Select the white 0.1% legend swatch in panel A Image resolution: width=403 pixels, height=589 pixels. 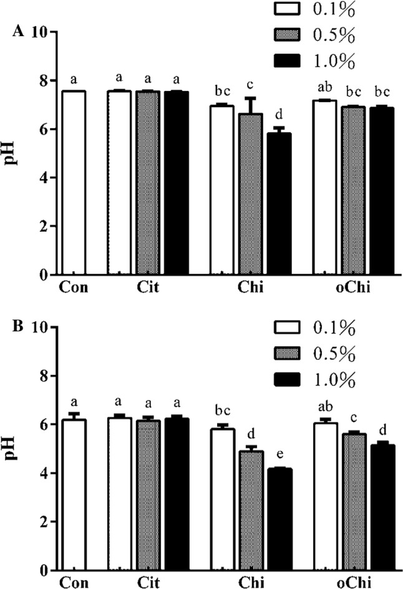293,9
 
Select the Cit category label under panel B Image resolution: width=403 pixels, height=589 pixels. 148,583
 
